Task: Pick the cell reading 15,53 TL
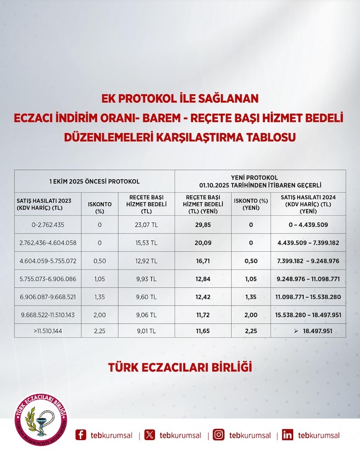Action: pyautogui.click(x=142, y=242)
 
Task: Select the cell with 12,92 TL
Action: pyautogui.click(x=142, y=261)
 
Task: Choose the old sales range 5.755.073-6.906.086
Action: pyautogui.click(x=47, y=279)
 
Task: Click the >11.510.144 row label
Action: pyautogui.click(x=47, y=331)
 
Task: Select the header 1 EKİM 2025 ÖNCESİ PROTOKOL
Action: pyautogui.click(x=94, y=181)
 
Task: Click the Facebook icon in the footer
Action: pyautogui.click(x=81, y=435)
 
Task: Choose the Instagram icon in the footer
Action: pyautogui.click(x=220, y=435)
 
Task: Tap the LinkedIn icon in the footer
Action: pyautogui.click(x=287, y=435)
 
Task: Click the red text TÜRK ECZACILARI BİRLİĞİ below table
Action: pyautogui.click(x=180, y=368)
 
